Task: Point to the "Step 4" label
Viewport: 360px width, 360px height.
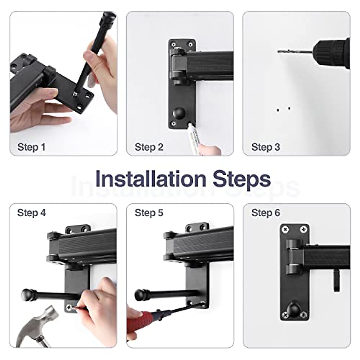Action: coord(31,213)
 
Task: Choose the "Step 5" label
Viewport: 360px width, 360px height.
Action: coord(149,213)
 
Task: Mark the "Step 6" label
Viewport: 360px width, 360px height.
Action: coord(266,213)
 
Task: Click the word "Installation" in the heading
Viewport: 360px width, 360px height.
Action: coord(151,179)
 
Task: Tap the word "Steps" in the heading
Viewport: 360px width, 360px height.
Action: coord(242,180)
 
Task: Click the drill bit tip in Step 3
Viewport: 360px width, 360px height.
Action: coord(278,52)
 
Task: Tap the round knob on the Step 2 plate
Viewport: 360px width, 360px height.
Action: coord(179,113)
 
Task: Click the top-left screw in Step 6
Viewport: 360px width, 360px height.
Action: coord(286,229)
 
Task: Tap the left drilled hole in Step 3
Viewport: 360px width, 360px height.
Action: coord(278,110)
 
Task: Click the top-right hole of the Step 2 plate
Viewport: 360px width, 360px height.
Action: coord(190,44)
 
